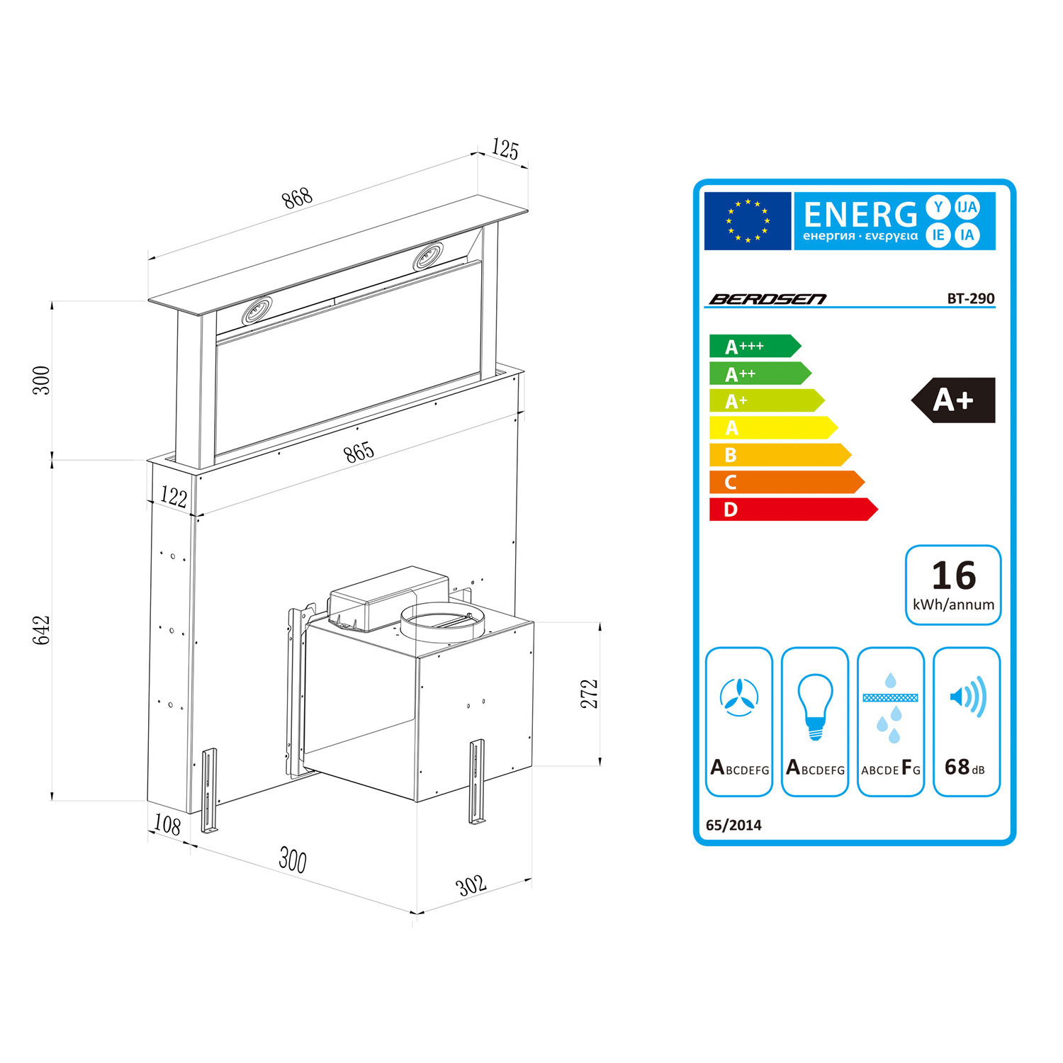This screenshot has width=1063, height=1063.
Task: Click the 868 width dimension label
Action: (x=298, y=198)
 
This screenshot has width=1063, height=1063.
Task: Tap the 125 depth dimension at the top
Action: (x=505, y=150)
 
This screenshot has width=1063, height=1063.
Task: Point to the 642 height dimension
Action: (x=42, y=630)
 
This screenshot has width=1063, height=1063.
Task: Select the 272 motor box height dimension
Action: (x=590, y=694)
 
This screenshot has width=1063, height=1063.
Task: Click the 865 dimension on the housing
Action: (x=359, y=452)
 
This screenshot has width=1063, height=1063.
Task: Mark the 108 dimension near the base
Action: (x=167, y=824)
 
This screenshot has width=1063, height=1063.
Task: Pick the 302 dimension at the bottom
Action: (x=471, y=884)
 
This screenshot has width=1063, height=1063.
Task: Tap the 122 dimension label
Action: (x=174, y=497)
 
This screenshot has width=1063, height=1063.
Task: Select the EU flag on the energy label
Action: (x=748, y=221)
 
